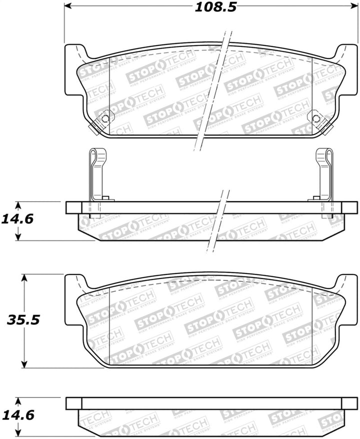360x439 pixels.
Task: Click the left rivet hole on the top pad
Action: [105, 118]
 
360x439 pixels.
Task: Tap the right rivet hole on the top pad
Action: [315, 118]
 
